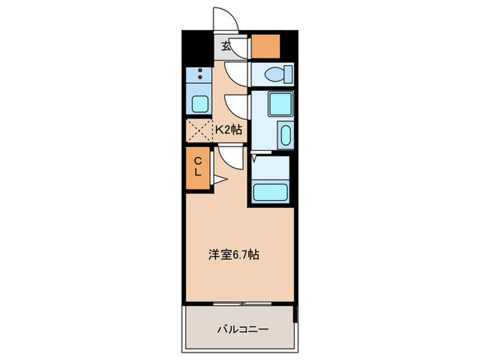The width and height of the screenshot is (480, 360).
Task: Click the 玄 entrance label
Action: tap(225, 47)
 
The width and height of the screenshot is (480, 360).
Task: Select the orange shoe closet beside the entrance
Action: tap(265, 46)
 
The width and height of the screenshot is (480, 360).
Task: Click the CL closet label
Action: tap(197, 167)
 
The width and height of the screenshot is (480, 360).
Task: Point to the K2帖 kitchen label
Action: tap(229, 129)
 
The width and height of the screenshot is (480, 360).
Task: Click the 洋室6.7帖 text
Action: tap(233, 254)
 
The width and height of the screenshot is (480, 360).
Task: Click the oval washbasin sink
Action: tap(286, 134)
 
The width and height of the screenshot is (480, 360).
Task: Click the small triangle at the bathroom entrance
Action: tap(255, 158)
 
